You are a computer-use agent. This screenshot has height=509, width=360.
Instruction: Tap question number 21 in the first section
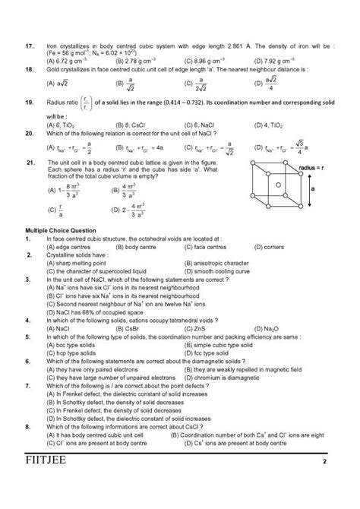(x=30, y=162)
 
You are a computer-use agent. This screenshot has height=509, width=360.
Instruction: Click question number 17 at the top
(x=29, y=46)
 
